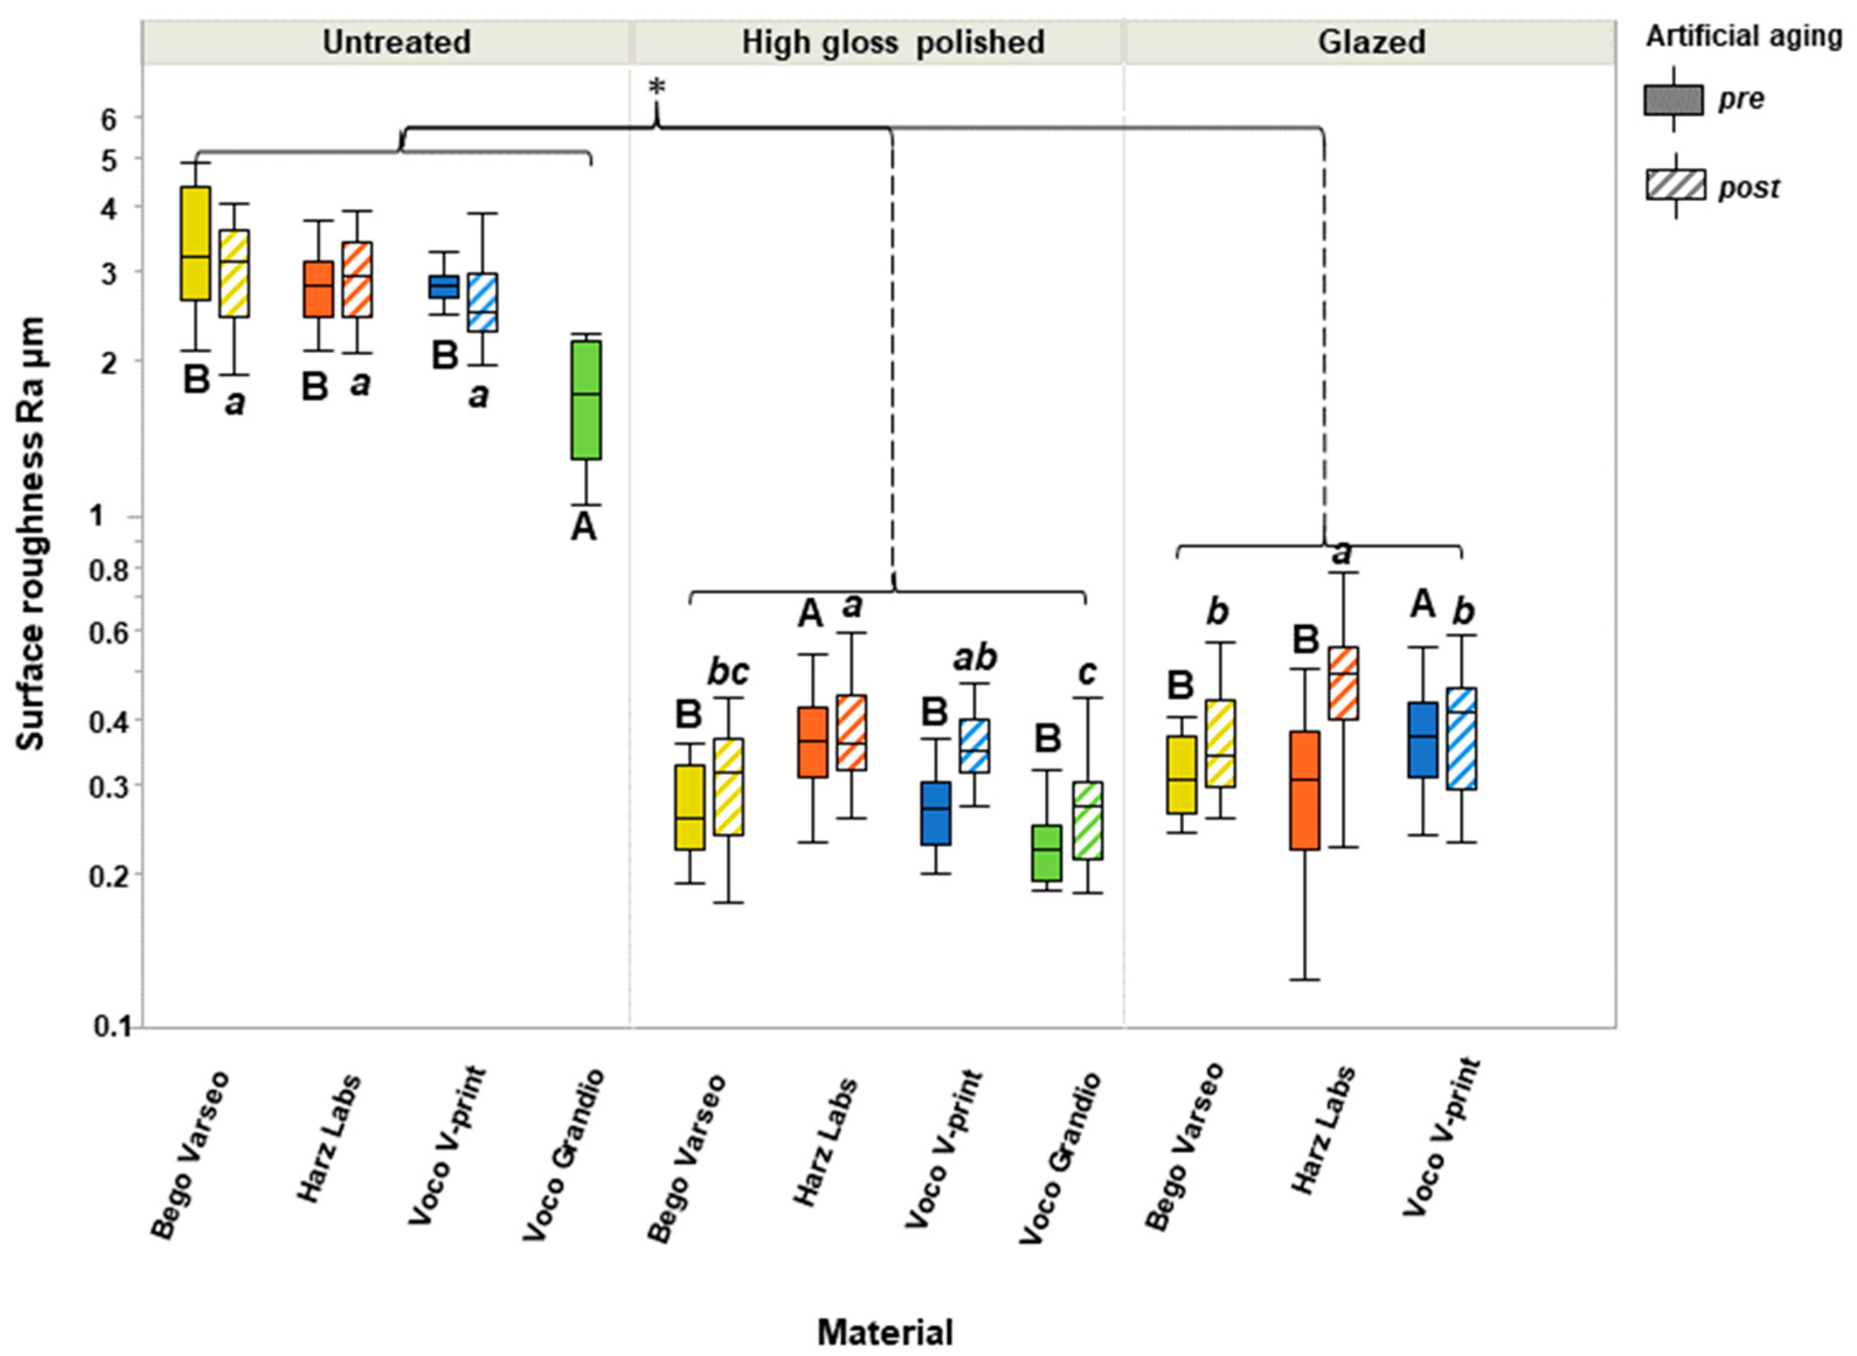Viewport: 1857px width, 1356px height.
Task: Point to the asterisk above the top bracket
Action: [x=656, y=87]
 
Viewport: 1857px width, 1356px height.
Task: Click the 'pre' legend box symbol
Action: [x=1673, y=99]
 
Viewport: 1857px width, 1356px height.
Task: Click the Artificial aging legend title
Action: [x=1742, y=36]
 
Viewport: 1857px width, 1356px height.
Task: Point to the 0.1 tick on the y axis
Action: [x=113, y=1027]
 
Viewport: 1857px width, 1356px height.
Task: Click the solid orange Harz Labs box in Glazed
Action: [x=1304, y=790]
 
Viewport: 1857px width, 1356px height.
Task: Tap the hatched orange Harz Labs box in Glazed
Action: [x=1344, y=683]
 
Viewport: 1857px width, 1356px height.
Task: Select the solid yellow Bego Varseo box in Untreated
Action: [x=196, y=243]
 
